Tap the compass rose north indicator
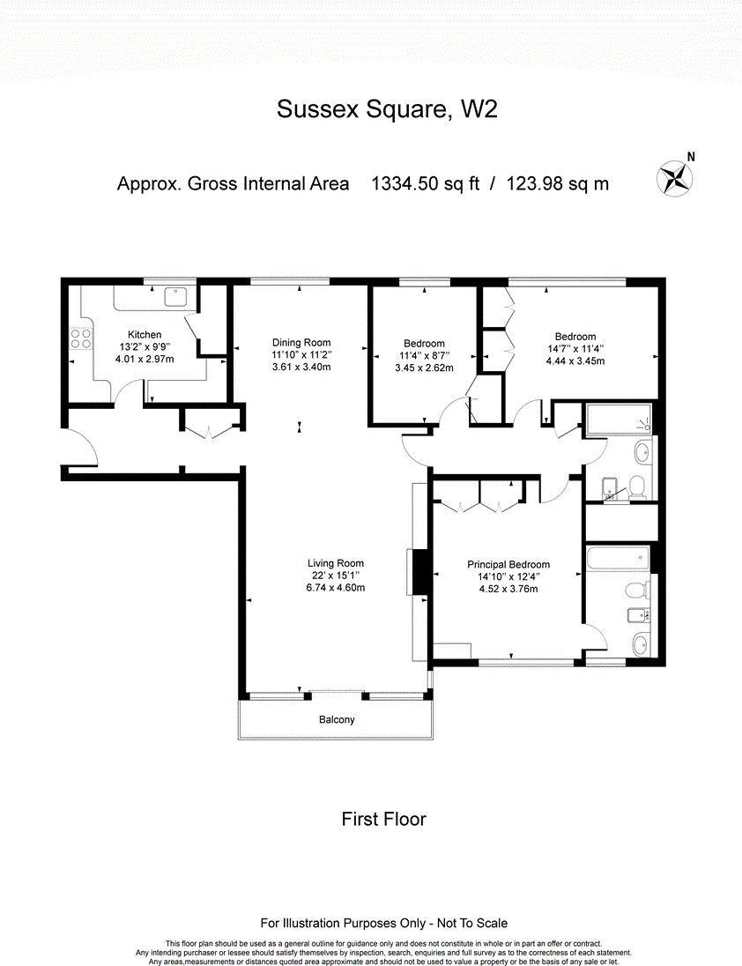coord(674,177)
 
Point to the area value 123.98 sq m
coord(557,184)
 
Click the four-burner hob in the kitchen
coord(81,339)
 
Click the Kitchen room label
coord(145,335)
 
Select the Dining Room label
coord(301,343)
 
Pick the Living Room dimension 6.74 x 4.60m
coord(335,588)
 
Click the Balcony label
coord(337,720)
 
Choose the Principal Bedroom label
coord(508,565)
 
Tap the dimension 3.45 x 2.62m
coord(424,368)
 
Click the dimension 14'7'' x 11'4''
coord(575,348)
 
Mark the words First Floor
coord(383,820)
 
